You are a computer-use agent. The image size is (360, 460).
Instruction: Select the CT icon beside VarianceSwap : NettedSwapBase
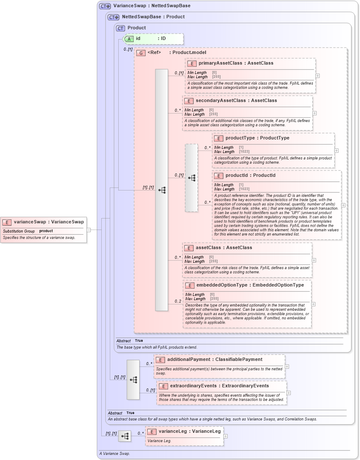105,6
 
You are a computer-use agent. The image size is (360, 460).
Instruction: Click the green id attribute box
154,39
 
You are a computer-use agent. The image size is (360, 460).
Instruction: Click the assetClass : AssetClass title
223,247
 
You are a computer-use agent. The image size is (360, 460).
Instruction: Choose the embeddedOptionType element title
250,285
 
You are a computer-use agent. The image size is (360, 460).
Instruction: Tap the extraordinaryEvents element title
219,386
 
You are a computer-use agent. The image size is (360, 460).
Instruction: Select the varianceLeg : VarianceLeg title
190,431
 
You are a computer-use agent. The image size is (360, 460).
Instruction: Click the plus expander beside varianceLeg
226,436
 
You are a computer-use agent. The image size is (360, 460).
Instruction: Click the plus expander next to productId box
343,205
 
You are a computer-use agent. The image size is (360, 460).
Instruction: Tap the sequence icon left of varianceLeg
125,436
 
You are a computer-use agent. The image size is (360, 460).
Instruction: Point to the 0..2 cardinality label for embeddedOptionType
178,301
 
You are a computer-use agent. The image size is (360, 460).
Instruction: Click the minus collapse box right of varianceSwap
89,230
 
